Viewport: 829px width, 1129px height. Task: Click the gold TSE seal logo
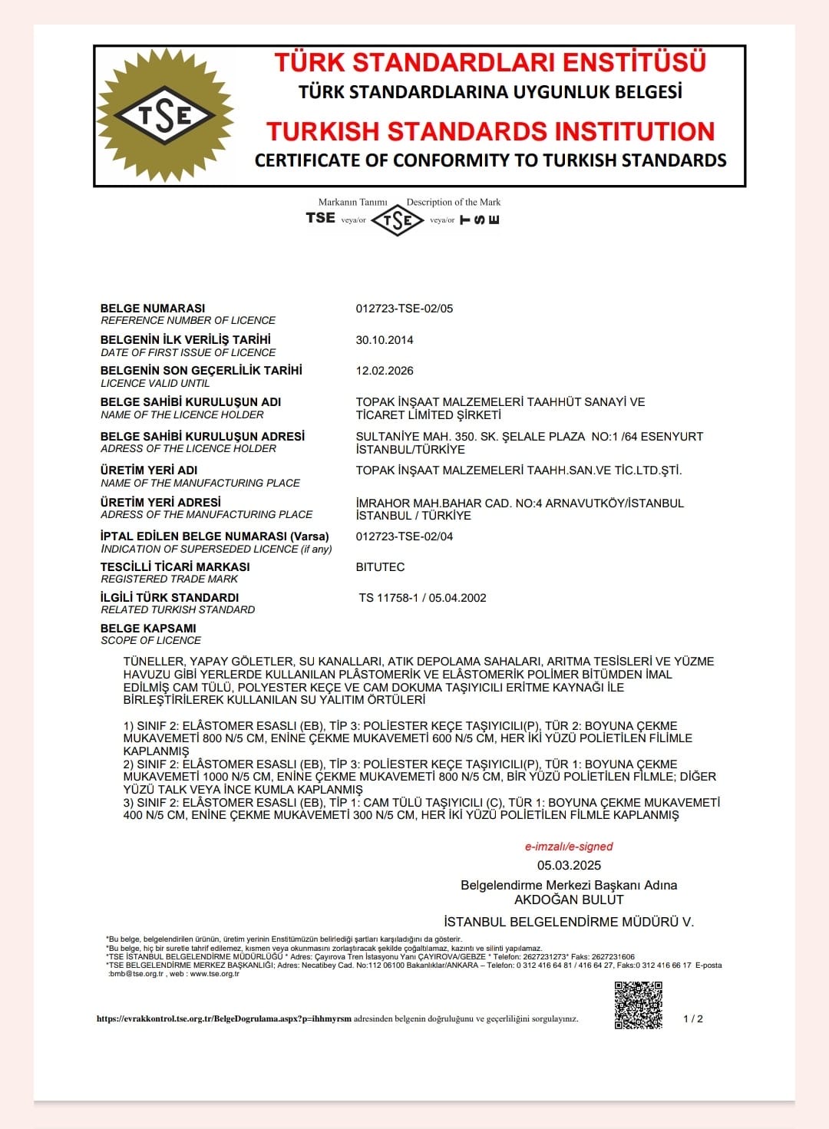click(164, 115)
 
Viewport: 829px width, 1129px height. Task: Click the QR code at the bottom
click(638, 1005)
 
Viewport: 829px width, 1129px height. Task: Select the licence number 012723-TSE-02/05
click(405, 309)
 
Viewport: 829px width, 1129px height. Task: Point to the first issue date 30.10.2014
click(385, 340)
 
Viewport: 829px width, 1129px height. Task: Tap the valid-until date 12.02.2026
click(385, 371)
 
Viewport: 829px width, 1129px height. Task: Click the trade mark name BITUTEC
click(380, 567)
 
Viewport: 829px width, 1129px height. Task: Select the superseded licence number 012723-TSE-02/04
click(405, 536)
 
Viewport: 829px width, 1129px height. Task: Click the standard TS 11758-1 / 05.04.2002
click(422, 598)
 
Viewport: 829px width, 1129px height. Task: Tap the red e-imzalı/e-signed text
click(569, 847)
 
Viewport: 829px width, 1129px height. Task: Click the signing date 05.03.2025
click(569, 865)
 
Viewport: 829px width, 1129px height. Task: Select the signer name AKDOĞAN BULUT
click(569, 900)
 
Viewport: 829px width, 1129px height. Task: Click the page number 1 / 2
click(693, 1018)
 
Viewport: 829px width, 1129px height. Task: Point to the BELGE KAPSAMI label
click(148, 628)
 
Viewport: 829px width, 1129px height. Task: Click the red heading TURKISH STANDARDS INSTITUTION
click(490, 131)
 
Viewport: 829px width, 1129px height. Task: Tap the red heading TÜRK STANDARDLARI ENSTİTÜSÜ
click(490, 62)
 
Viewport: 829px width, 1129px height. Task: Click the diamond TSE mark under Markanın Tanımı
click(398, 220)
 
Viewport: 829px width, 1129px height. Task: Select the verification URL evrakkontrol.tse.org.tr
click(223, 1019)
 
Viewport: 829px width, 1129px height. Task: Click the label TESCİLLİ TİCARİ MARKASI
click(175, 566)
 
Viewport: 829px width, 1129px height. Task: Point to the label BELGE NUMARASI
click(153, 308)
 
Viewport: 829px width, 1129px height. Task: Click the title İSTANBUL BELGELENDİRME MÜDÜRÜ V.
click(569, 922)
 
